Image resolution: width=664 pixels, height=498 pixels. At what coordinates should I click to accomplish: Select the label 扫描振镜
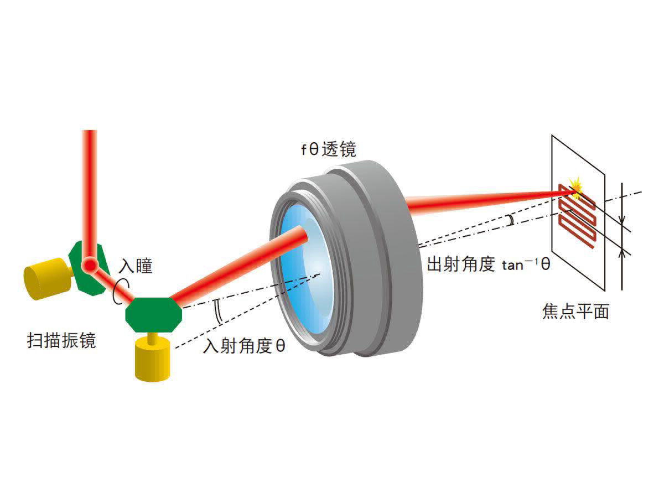click(x=61, y=340)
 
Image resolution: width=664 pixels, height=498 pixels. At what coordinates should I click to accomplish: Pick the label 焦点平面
click(x=575, y=312)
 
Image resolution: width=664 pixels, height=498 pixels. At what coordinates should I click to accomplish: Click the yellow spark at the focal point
click(x=577, y=186)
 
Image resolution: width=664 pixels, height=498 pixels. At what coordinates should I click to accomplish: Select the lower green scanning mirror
click(x=153, y=313)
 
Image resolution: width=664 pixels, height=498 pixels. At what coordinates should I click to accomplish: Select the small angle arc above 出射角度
click(x=511, y=221)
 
